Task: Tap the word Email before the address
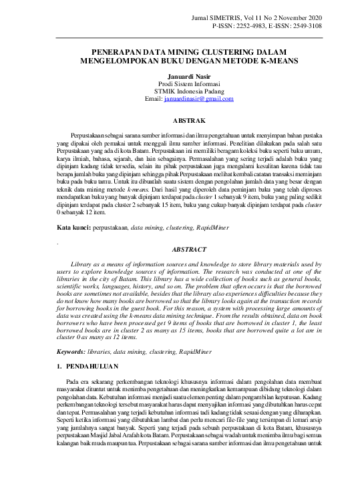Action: pyautogui.click(x=154, y=99)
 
